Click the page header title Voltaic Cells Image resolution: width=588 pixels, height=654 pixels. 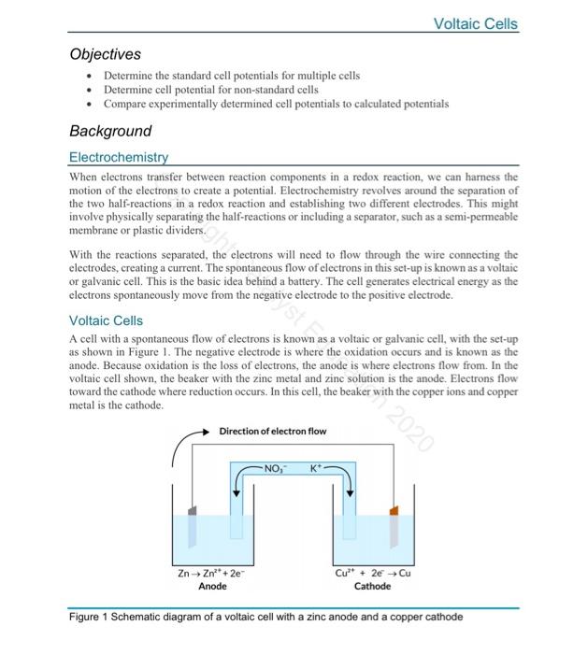(x=476, y=23)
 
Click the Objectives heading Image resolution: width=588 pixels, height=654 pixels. (x=106, y=54)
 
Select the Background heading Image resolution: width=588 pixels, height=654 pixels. (x=110, y=131)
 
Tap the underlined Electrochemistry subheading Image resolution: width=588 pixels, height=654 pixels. (x=119, y=158)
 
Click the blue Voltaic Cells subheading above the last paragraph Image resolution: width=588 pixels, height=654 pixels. (x=106, y=320)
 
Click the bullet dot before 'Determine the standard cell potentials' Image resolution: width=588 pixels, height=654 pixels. (x=88, y=75)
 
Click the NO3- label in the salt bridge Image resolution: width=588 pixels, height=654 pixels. (x=278, y=466)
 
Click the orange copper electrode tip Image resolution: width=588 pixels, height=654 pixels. (x=394, y=512)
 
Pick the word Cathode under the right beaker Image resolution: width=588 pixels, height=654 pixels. (x=373, y=587)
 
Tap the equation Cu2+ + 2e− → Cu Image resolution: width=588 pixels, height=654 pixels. (x=373, y=573)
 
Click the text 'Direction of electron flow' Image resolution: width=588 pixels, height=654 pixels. (x=272, y=431)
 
